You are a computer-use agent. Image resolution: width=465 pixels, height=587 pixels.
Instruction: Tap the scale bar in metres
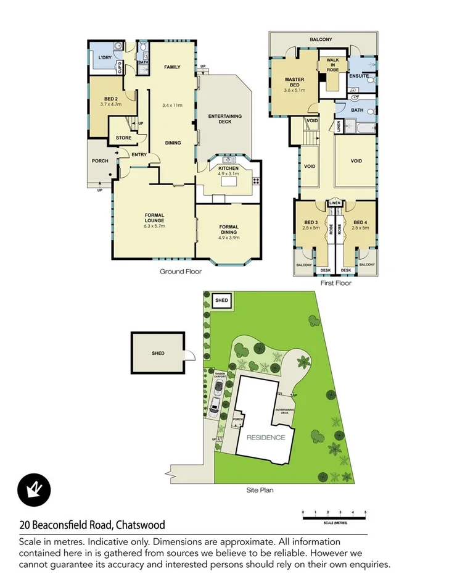pyautogui.click(x=334, y=514)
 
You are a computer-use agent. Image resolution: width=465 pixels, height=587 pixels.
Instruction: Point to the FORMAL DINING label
pyautogui.click(x=229, y=230)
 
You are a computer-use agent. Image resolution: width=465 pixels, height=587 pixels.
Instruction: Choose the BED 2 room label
pyautogui.click(x=111, y=99)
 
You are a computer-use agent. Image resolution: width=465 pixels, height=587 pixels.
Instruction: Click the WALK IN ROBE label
pyautogui.click(x=333, y=65)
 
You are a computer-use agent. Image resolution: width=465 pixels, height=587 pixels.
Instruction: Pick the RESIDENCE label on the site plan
pyautogui.click(x=266, y=437)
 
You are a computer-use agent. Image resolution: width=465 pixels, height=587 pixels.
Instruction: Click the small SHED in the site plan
pyautogui.click(x=221, y=301)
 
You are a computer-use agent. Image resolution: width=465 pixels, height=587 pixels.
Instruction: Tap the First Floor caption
pyautogui.click(x=335, y=283)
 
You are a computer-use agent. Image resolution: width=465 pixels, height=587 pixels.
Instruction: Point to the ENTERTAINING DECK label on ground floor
pyautogui.click(x=224, y=119)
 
